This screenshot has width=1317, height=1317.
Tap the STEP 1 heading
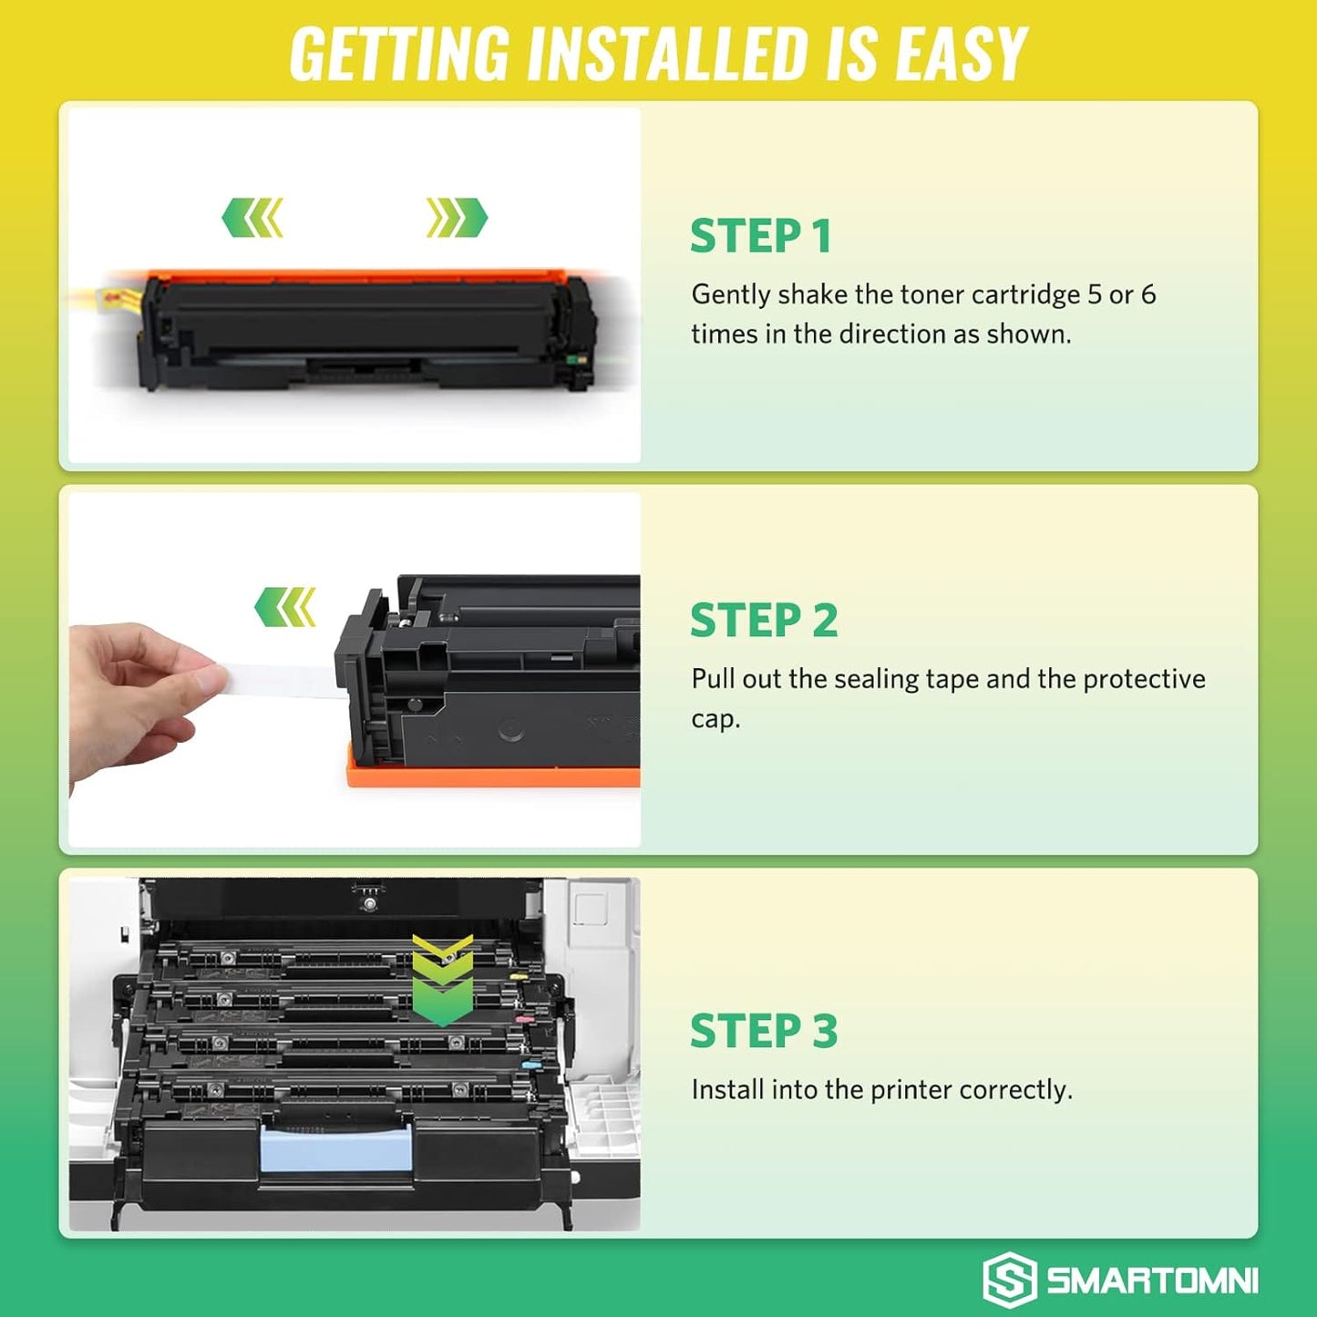(761, 236)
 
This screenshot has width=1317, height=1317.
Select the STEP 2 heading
(764, 621)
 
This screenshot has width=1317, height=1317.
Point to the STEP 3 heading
(764, 1031)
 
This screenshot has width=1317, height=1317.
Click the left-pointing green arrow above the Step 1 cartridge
(252, 218)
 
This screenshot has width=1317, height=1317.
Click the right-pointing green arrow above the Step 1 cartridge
(457, 218)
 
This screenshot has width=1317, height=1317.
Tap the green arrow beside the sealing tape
(285, 607)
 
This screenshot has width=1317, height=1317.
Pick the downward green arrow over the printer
(442, 980)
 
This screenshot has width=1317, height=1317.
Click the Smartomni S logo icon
(1009, 1280)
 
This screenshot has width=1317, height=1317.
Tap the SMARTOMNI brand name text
(1152, 1281)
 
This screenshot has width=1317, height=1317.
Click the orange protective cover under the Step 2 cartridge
(492, 777)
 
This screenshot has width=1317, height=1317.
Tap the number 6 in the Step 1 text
(1148, 294)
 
